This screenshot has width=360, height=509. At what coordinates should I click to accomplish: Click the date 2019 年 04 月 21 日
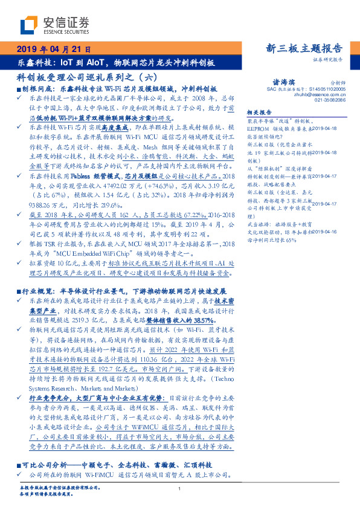53,49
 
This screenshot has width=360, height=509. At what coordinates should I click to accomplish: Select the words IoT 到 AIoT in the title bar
90,62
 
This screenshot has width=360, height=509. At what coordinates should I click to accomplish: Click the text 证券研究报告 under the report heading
328,60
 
